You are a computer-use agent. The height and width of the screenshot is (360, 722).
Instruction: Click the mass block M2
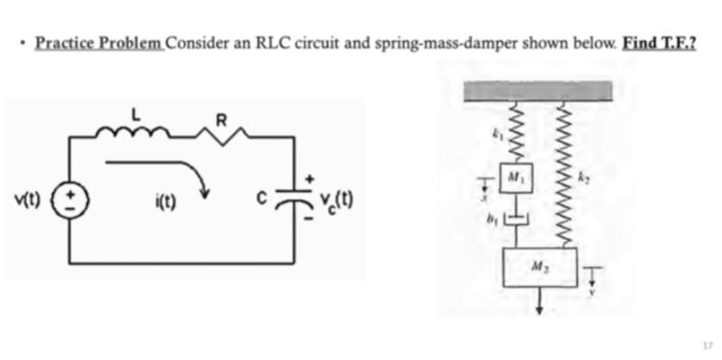click(x=539, y=267)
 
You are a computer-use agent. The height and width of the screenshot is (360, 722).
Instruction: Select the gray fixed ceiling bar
click(x=539, y=90)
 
